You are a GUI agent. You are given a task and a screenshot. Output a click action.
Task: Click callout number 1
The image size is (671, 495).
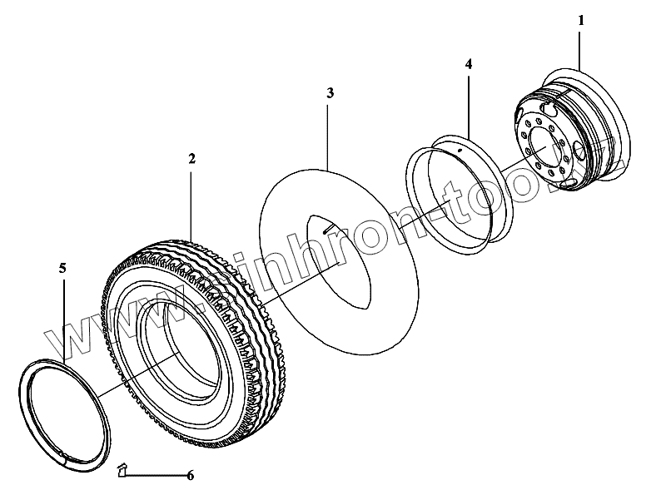[x=581, y=18]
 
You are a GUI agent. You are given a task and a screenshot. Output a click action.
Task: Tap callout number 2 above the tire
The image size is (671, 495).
[x=191, y=157]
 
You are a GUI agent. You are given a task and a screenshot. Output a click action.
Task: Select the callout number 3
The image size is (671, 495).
[x=330, y=93]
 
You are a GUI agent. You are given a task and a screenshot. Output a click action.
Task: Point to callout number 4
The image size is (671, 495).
[x=469, y=63]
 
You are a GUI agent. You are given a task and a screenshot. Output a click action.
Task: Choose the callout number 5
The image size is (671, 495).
[x=62, y=268]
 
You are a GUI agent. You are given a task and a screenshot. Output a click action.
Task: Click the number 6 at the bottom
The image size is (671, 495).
[x=190, y=476]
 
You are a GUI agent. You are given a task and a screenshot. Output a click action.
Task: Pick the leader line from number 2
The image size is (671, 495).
[x=191, y=200]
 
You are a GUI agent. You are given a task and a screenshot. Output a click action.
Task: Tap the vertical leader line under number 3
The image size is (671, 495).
[x=330, y=133]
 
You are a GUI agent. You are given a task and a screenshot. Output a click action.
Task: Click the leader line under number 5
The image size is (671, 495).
[x=63, y=316]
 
